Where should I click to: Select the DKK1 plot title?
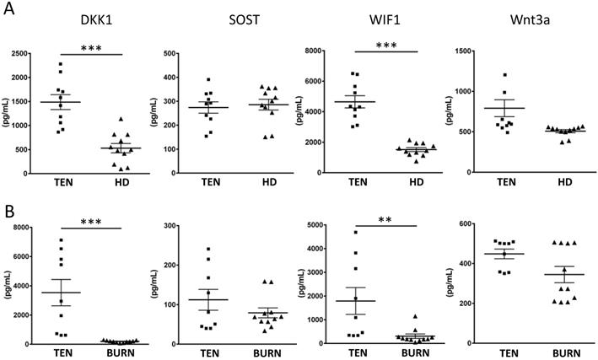(x=96, y=23)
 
